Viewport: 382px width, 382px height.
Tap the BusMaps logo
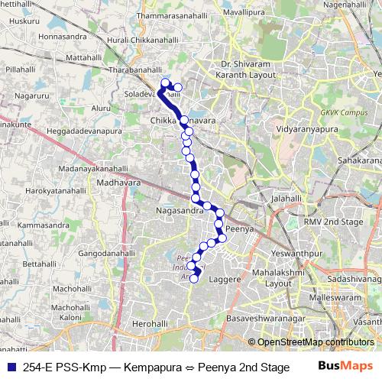(x=345, y=367)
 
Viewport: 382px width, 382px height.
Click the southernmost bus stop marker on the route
(x=194, y=278)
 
